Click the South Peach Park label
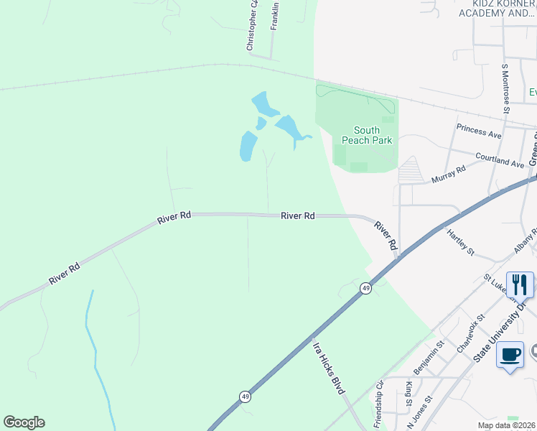(373, 135)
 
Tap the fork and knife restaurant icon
(520, 284)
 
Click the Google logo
(24, 422)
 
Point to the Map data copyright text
(506, 425)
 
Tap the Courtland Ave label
(500, 159)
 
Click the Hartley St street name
(460, 242)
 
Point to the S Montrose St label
(505, 88)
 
